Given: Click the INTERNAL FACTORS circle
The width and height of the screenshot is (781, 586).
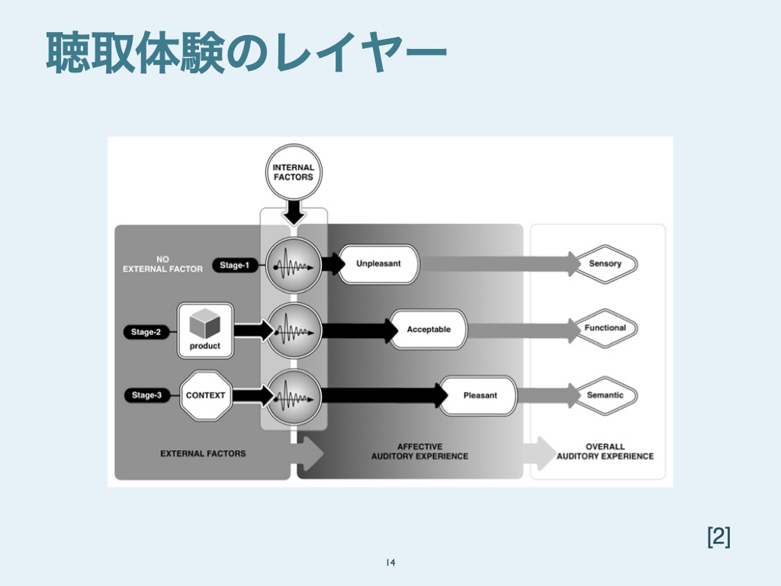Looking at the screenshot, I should (x=294, y=172).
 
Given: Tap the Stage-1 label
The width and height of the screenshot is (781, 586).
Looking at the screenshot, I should (x=235, y=265).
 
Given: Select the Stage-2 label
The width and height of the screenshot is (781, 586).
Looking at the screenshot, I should (x=146, y=332).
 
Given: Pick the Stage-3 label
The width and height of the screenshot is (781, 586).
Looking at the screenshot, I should (x=147, y=395).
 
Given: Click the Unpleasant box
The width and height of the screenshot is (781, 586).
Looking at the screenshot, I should (x=378, y=264).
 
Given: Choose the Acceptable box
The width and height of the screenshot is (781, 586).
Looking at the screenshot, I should (x=429, y=330).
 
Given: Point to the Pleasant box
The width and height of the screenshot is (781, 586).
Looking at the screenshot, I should (x=480, y=395).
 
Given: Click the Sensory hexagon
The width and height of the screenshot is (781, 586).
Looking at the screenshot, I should (x=606, y=264).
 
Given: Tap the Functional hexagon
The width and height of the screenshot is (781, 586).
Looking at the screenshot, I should (x=606, y=328).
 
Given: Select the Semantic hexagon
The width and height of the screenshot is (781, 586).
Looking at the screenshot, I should (x=606, y=395).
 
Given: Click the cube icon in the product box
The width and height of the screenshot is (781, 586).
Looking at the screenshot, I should (x=204, y=324).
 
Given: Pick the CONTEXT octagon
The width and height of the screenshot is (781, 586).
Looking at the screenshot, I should (x=206, y=395).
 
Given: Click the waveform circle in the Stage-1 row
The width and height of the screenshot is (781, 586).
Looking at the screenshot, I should (x=294, y=266).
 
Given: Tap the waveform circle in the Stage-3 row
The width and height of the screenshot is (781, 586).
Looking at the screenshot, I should (x=294, y=396).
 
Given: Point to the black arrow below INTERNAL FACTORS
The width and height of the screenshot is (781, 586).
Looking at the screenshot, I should (x=294, y=211).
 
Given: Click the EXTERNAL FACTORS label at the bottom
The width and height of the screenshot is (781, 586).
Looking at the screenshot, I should (x=203, y=453).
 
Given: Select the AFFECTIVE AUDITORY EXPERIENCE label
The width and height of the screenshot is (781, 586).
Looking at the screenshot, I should (x=419, y=451).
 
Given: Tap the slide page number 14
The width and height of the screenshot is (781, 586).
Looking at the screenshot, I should (x=390, y=563).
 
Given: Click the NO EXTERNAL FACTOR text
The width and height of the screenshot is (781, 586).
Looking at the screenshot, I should (x=163, y=264).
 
